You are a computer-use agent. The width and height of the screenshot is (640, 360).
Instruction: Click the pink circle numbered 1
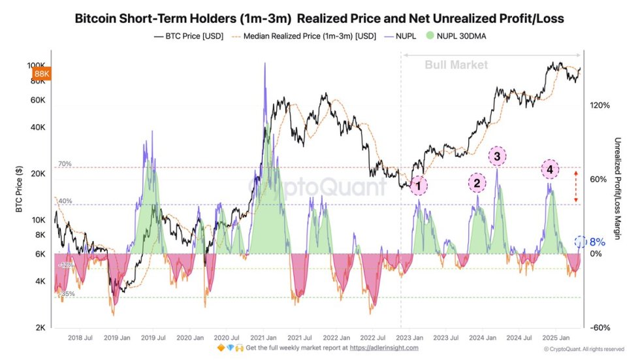419,185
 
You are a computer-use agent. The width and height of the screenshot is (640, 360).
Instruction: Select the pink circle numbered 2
477,183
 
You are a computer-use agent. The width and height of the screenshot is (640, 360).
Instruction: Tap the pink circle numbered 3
497,156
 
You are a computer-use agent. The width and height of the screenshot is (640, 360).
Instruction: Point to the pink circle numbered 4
550,170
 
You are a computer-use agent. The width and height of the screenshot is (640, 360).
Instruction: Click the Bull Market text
456,65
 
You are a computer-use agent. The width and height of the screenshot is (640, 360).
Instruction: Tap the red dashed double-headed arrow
575,186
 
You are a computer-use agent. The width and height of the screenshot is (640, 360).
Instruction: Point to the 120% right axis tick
599,105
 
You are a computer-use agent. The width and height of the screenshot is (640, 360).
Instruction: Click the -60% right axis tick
599,327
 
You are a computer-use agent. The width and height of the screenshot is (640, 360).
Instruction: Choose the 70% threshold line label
65,164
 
